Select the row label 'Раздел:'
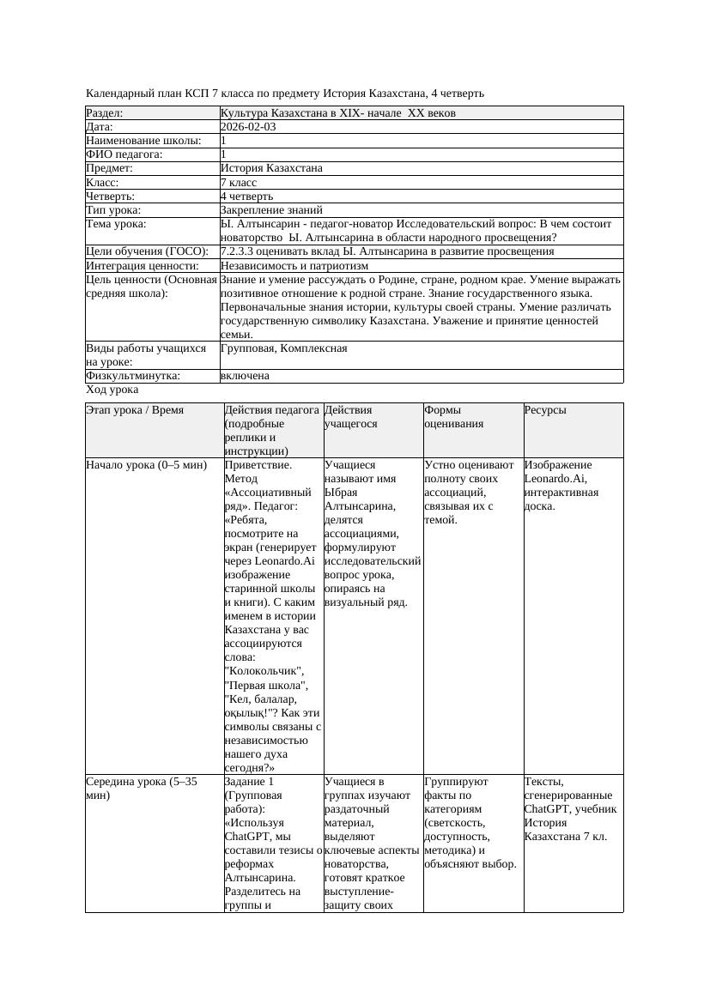105,113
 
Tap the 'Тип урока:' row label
113,210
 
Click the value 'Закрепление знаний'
271,210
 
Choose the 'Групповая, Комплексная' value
283,348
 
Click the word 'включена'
245,376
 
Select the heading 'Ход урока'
112,390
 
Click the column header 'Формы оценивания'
453,416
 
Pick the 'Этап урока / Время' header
135,410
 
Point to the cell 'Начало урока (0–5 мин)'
147,465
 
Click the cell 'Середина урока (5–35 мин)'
143,789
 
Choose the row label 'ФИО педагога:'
124,154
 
